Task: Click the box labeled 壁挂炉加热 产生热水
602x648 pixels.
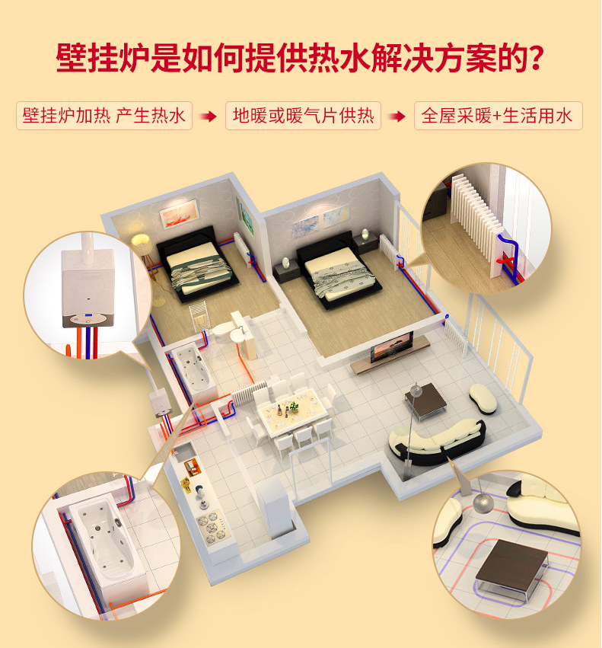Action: [x=104, y=116]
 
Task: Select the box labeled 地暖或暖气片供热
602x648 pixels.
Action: [x=303, y=116]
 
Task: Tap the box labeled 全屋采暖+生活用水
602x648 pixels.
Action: [x=498, y=116]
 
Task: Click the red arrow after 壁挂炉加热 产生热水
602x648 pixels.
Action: [x=209, y=117]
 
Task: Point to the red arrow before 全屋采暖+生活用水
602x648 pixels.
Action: [x=397, y=117]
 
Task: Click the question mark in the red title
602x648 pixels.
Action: [x=536, y=57]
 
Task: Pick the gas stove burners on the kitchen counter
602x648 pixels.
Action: [x=212, y=528]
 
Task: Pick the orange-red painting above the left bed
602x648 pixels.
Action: [x=179, y=213]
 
